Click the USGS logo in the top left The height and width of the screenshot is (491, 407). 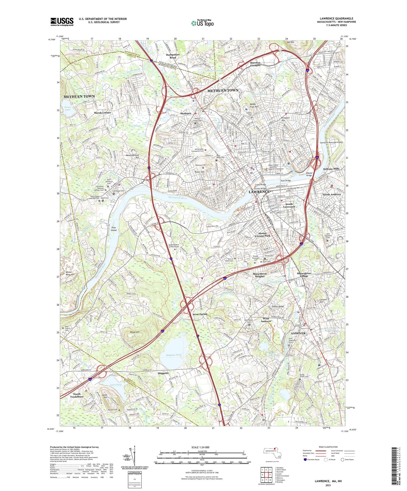tap(62, 22)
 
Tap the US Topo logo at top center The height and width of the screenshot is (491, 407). tap(202, 23)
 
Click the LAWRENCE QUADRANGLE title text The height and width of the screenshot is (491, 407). tap(336, 19)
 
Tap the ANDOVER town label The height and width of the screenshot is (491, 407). tap(298, 333)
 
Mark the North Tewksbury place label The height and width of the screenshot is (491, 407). tap(77, 395)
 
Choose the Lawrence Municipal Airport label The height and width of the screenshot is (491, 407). tap(331, 142)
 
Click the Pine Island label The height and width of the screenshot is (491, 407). tap(114, 229)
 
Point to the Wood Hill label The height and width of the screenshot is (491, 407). tap(135, 332)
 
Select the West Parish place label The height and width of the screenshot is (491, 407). tap(200, 314)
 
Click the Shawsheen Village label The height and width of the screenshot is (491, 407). tap(304, 274)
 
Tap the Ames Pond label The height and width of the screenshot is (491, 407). tap(116, 384)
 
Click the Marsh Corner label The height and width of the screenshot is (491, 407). tap(103, 112)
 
